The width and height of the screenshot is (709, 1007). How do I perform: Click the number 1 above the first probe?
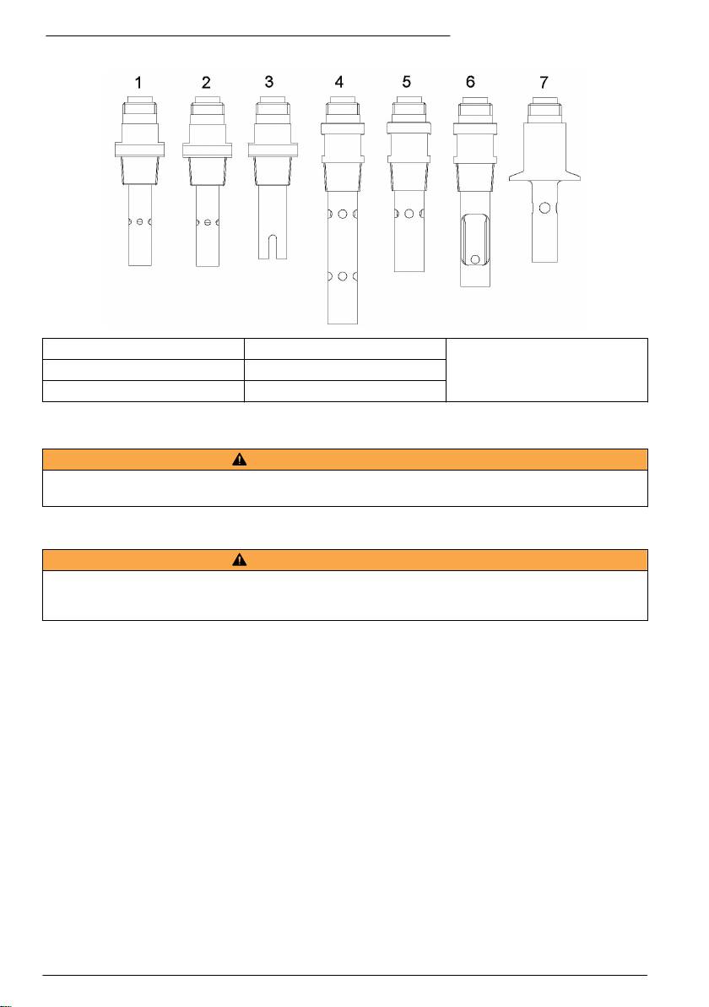tap(138, 82)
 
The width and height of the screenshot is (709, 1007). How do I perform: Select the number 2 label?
tap(206, 82)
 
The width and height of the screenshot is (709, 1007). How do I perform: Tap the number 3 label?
tap(269, 82)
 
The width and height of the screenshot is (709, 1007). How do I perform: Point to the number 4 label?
tap(338, 82)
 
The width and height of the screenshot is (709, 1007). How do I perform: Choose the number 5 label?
tap(406, 82)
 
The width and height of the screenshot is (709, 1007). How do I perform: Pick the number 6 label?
tap(470, 82)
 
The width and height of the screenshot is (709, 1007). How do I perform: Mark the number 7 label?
tap(544, 82)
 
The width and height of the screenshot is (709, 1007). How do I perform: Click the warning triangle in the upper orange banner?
tap(240, 460)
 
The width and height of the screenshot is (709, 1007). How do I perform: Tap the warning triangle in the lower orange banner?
tap(240, 559)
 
